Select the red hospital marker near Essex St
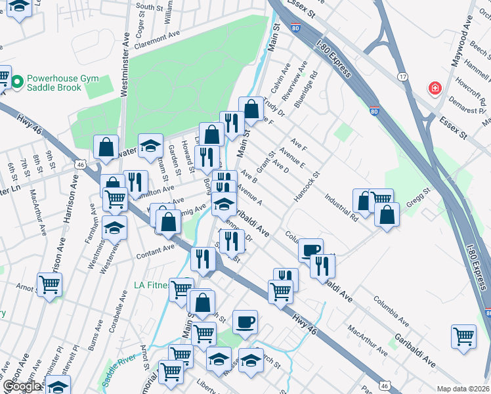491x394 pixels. pyautogui.click(x=434, y=88)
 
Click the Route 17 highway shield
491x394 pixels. pyautogui.click(x=403, y=77)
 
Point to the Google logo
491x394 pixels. pyautogui.click(x=21, y=386)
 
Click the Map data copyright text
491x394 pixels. pyautogui.click(x=463, y=389)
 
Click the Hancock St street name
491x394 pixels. pyautogui.click(x=306, y=188)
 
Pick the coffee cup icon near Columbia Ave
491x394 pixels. pyautogui.click(x=310, y=250)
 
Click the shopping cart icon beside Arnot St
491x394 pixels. pyautogui.click(x=50, y=285)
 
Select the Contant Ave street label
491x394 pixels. pyautogui.click(x=156, y=248)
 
